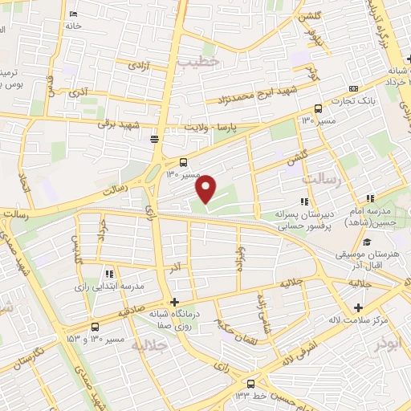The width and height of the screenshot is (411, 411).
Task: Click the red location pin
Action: click(206, 189)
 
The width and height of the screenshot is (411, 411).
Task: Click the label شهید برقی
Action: click(119, 124)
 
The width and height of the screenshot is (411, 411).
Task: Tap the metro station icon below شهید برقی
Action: click(154, 139)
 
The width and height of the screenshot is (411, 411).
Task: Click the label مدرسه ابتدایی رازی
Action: click(109, 286)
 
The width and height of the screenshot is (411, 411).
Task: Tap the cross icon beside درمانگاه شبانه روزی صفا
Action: click(174, 302)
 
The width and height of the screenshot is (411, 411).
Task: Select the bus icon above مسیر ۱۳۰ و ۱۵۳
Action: click(96, 326)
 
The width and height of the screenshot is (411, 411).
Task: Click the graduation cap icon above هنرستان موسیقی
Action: click(366, 242)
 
